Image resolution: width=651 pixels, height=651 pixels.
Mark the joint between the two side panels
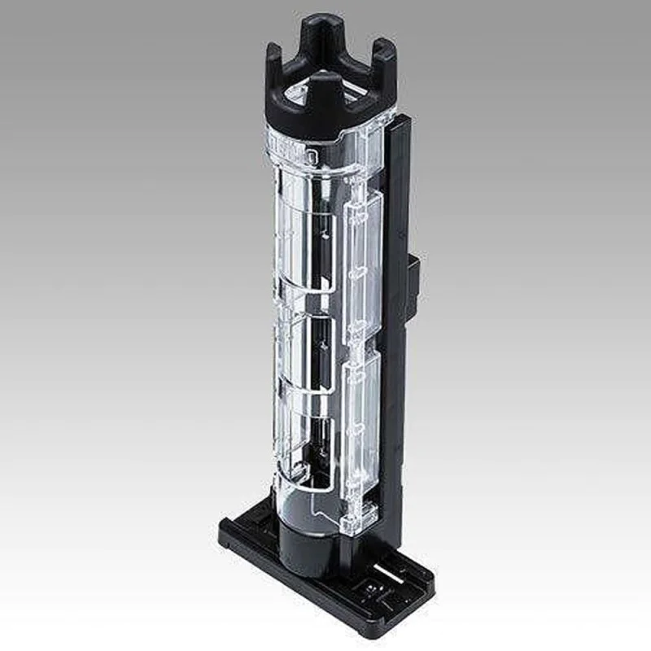click(358, 346)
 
